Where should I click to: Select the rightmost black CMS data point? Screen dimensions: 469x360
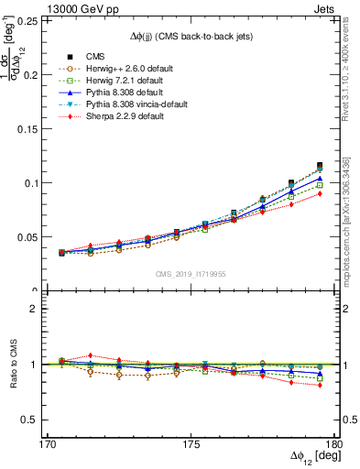click(319, 166)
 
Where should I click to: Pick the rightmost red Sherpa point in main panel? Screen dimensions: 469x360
click(319, 193)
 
